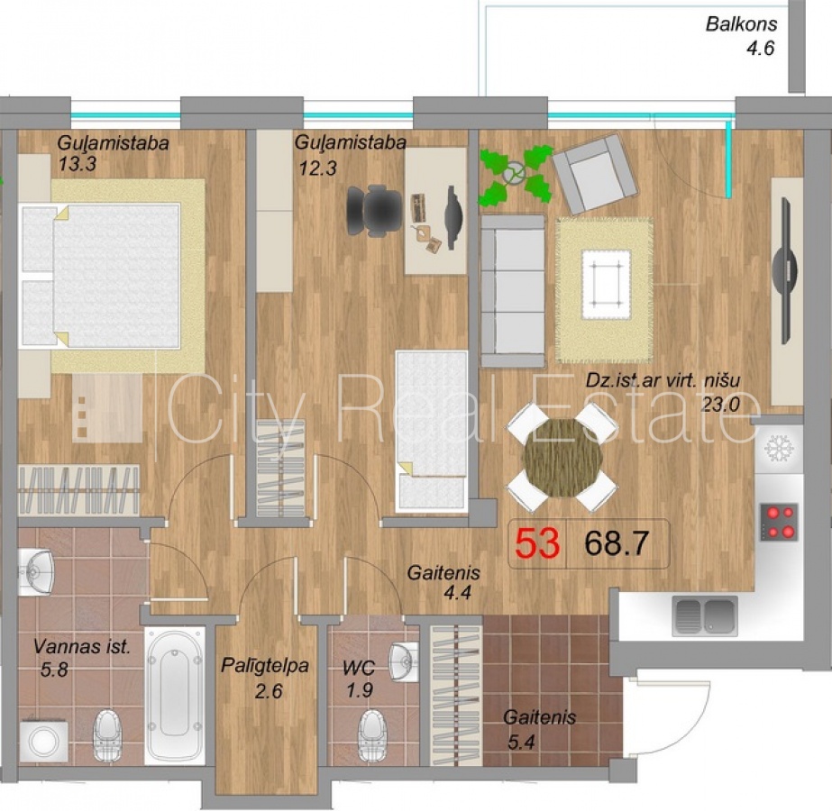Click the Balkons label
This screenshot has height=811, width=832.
[741, 23]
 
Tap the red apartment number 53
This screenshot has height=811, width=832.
[537, 543]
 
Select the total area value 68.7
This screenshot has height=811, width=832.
[617, 543]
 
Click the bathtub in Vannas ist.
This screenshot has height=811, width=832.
[174, 696]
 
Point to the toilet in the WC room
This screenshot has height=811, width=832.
[372, 734]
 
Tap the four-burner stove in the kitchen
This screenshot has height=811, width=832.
[779, 522]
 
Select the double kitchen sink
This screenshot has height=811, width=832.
[705, 615]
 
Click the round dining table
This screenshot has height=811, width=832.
[562, 457]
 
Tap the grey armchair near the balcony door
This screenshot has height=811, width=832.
[594, 173]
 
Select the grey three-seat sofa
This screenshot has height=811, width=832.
[513, 291]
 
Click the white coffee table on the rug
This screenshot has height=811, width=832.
[606, 285]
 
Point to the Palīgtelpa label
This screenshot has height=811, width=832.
[265, 665]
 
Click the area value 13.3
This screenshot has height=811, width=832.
[78, 164]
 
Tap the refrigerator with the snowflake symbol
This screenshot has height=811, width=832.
[779, 447]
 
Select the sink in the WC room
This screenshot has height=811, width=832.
[403, 661]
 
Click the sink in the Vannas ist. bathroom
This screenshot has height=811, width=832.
[36, 573]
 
